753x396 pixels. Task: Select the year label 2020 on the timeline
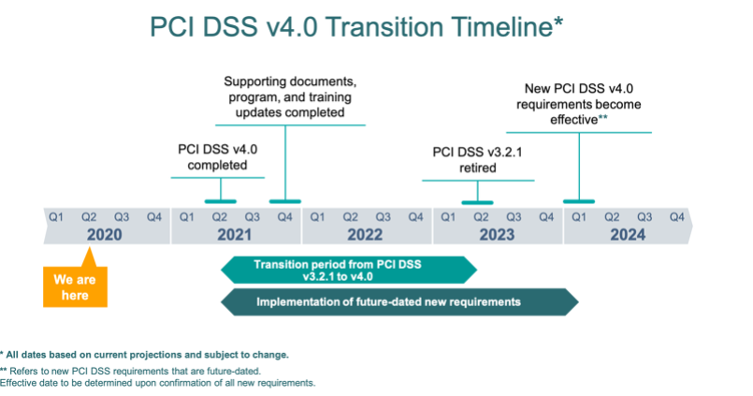coord(104,235)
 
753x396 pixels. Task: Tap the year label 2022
coord(365,235)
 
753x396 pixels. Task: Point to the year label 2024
coord(628,235)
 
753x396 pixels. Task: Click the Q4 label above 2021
coord(284,217)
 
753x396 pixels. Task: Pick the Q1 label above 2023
coord(448,217)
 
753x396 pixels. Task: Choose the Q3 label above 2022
coord(383,217)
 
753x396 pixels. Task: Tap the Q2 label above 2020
coord(88,217)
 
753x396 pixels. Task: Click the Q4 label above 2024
coord(677,217)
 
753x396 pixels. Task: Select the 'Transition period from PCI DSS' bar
coord(349,271)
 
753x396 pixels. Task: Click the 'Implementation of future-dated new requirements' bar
coord(399,302)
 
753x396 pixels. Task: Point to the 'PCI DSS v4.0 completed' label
coord(218,157)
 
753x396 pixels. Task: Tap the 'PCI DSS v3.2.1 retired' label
coord(477,160)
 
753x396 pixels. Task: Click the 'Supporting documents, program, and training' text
coord(290,89)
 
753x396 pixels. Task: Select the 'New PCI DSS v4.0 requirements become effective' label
coord(579,104)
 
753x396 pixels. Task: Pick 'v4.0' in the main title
coord(292,27)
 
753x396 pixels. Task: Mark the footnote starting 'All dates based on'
coord(145,355)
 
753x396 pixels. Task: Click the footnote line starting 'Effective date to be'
coord(157,383)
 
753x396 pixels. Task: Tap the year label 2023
coord(497,235)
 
